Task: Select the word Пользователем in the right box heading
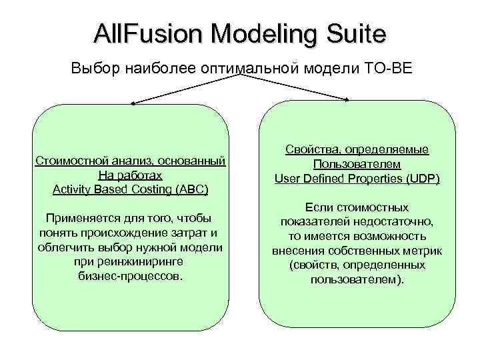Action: tap(357, 164)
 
